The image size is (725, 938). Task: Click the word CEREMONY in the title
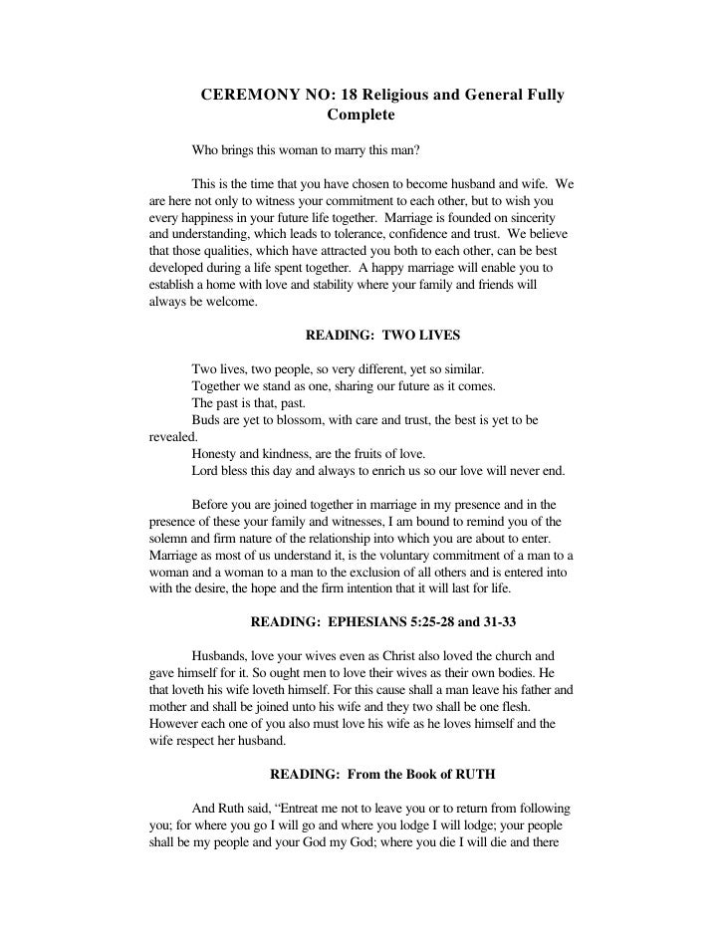(x=248, y=96)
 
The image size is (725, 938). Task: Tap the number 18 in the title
(x=351, y=96)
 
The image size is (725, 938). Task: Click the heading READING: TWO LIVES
(x=382, y=337)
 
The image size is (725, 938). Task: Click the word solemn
(x=171, y=538)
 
